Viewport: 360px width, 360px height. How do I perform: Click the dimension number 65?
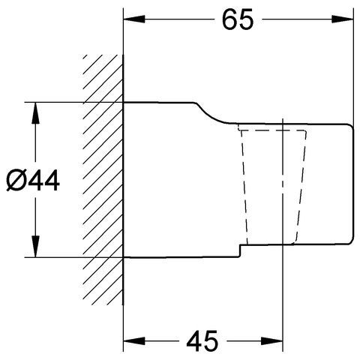(x=238, y=19)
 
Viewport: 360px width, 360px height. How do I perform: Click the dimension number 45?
(x=202, y=340)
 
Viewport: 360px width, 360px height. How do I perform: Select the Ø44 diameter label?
(x=33, y=180)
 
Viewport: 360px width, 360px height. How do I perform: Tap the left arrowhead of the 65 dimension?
(x=134, y=19)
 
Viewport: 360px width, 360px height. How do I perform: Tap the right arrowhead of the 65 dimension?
(x=343, y=19)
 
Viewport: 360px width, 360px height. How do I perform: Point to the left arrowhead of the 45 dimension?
(x=134, y=340)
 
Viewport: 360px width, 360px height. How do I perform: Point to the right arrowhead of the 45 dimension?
(x=271, y=340)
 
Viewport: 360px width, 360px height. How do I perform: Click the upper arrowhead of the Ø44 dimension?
(x=35, y=112)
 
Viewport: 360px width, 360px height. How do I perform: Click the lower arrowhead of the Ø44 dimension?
(x=35, y=246)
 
